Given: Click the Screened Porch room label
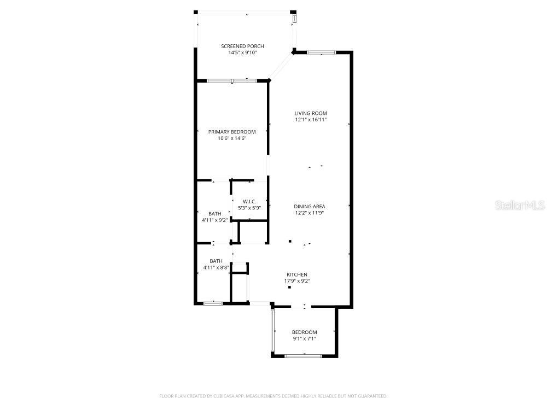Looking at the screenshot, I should (242, 46).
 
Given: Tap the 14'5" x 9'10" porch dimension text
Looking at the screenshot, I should (242, 53).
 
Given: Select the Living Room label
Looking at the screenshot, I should (310, 113).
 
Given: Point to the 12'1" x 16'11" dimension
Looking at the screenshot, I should (310, 120).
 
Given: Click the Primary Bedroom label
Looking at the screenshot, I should (232, 132).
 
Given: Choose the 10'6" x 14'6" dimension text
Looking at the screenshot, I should (232, 138).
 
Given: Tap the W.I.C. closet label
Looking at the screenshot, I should (249, 201).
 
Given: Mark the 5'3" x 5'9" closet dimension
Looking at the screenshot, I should (249, 208).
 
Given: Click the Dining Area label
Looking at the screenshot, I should (310, 206).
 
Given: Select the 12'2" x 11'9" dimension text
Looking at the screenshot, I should (310, 213).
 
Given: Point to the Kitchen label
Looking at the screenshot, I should (297, 274).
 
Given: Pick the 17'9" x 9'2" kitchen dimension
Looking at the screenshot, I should (297, 281).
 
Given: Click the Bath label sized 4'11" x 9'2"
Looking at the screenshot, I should (215, 213).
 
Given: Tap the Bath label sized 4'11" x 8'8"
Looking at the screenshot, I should (216, 261).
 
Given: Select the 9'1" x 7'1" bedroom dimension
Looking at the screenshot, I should (304, 339).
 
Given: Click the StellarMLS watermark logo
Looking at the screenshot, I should (520, 206).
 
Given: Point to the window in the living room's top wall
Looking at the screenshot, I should (321, 52).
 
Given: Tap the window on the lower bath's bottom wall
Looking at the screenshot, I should (213, 303).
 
